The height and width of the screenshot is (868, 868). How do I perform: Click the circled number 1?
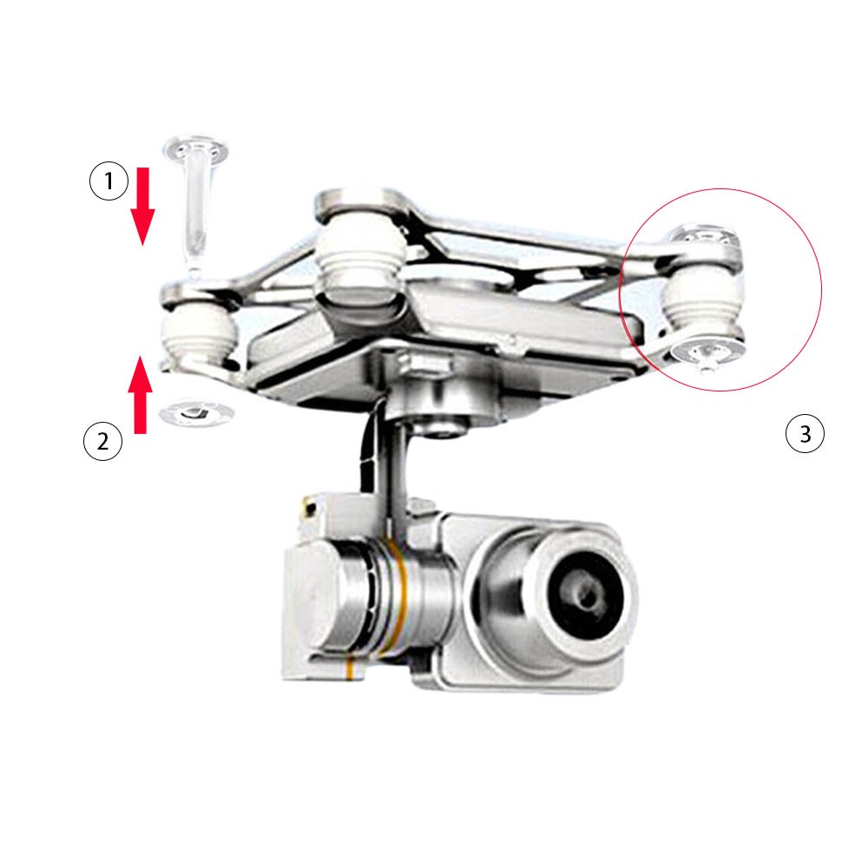108,182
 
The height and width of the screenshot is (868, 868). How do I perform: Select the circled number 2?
102,442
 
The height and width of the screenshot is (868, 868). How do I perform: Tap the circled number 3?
804,432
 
